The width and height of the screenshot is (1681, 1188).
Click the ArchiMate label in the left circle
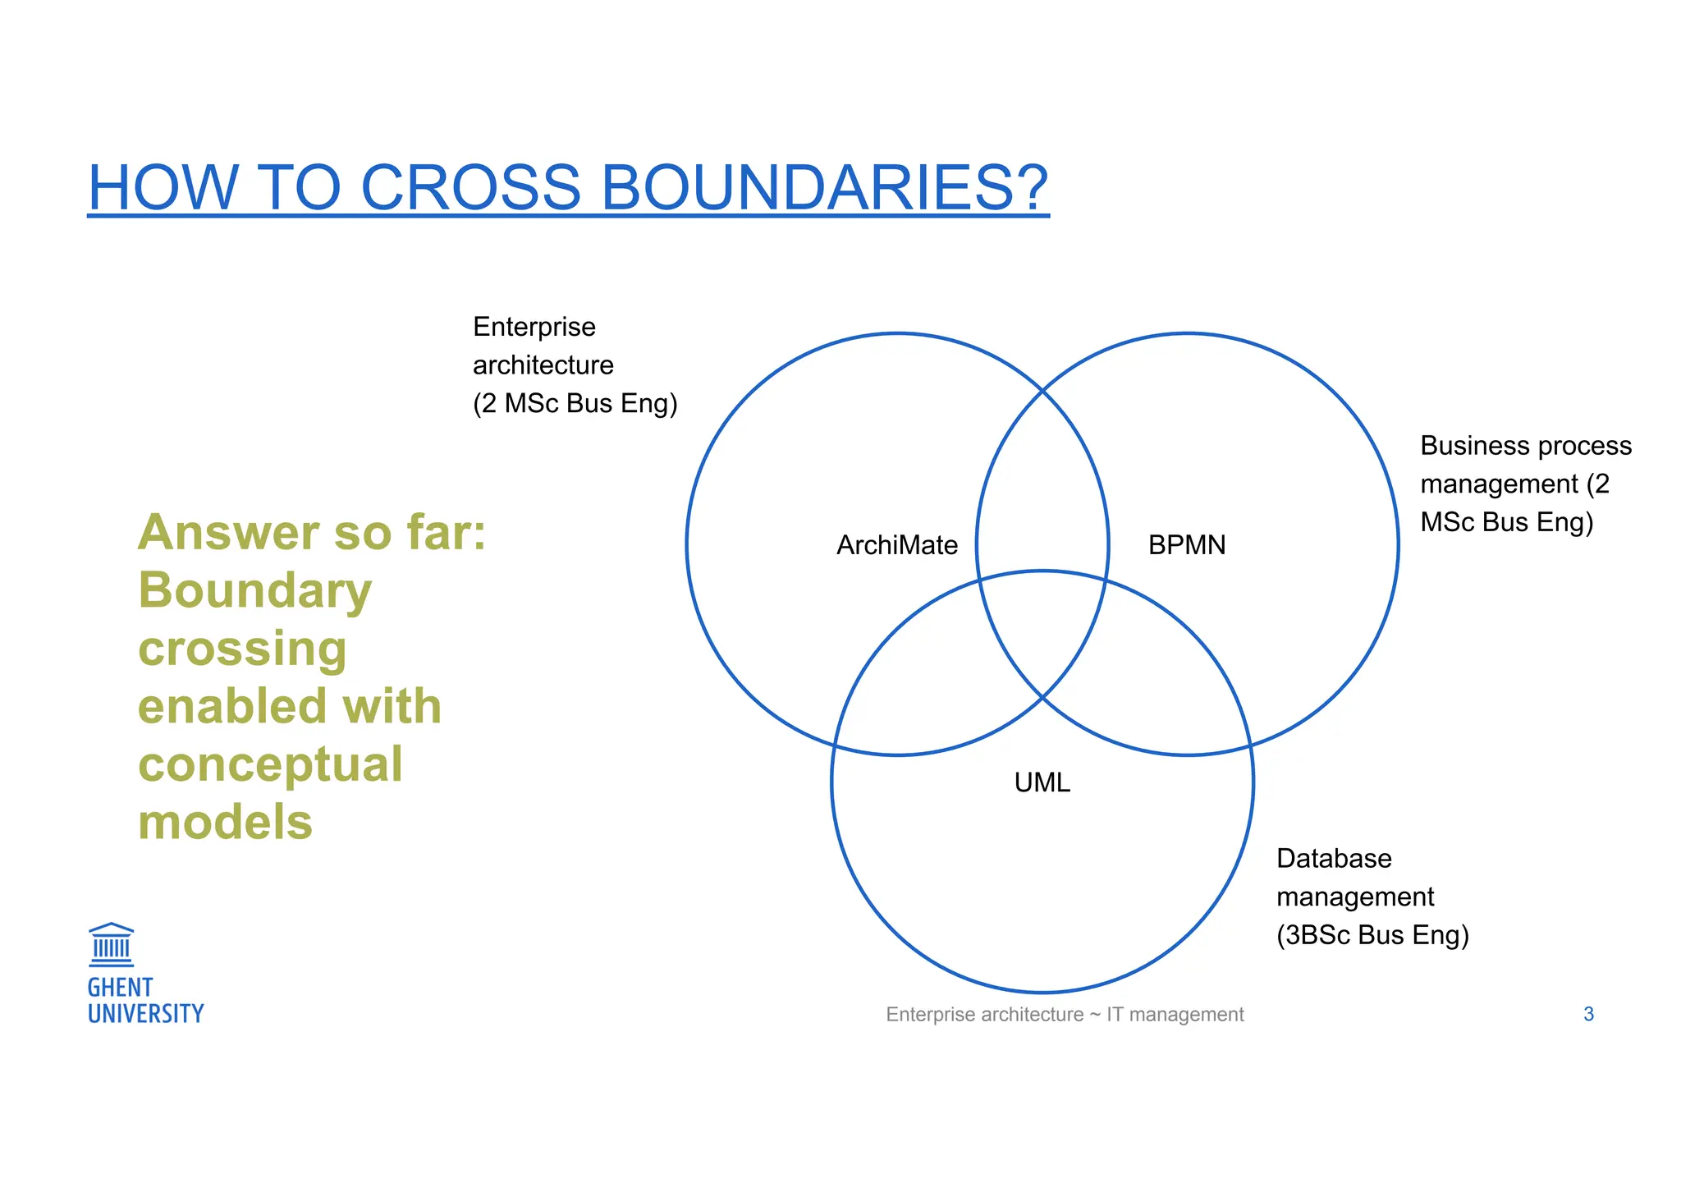[x=896, y=545]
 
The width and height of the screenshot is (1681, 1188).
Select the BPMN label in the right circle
[x=1186, y=545]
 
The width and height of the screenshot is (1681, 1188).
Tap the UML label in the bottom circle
[x=1042, y=782]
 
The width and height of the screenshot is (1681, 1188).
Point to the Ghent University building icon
[x=111, y=944]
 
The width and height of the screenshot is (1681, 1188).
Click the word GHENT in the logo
[x=120, y=987]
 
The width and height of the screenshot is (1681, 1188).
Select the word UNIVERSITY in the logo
[x=145, y=1014]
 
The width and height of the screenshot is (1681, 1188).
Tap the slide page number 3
[x=1588, y=1015]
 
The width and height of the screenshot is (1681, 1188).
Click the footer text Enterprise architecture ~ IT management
[x=1065, y=1015]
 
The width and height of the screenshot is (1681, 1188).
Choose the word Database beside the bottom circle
[x=1334, y=859]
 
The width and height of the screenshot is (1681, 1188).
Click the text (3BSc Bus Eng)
[x=1372, y=935]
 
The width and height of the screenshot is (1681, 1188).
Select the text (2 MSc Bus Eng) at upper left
[x=575, y=403]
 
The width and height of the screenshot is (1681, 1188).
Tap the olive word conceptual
[x=270, y=764]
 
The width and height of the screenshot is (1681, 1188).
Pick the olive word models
[x=225, y=822]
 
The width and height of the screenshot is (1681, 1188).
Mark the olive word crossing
[x=242, y=649]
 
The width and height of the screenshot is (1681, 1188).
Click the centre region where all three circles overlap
[x=1042, y=632]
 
